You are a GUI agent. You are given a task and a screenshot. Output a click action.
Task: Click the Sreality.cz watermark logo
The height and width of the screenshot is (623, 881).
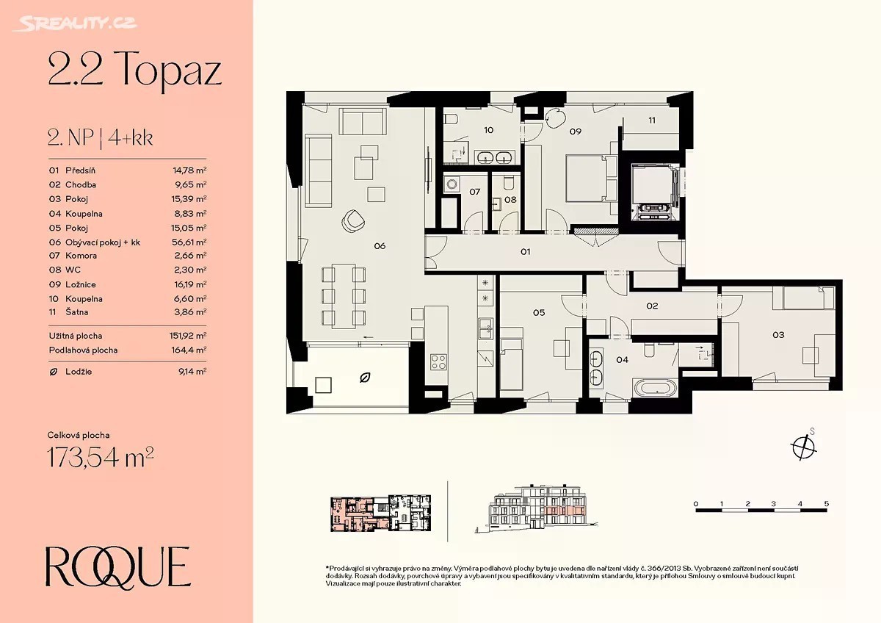(x=75, y=24)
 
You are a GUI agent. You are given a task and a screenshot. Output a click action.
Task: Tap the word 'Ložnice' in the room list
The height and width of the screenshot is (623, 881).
(x=81, y=284)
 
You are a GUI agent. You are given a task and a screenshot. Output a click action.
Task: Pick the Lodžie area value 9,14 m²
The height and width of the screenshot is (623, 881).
(x=192, y=372)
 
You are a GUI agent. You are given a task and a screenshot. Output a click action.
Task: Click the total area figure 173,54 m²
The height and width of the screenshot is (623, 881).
(x=101, y=457)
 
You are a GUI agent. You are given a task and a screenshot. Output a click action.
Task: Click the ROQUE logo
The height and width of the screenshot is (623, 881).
(x=118, y=567)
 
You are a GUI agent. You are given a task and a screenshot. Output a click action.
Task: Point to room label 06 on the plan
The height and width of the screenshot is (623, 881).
(x=380, y=246)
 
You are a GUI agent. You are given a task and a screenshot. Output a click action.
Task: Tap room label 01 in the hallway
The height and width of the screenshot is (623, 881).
(x=526, y=252)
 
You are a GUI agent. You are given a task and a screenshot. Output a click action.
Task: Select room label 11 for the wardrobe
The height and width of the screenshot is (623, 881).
(x=652, y=120)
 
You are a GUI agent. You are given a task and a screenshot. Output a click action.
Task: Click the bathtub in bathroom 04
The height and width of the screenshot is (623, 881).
(x=655, y=388)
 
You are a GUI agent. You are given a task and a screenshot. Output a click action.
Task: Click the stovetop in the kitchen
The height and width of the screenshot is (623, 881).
(x=438, y=362)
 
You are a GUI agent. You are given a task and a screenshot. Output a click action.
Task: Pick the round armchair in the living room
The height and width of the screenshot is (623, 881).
(x=353, y=221)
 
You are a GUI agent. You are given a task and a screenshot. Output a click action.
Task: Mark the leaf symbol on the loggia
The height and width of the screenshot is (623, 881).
(x=366, y=378)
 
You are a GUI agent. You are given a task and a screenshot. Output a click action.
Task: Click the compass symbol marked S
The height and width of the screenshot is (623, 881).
(x=802, y=447)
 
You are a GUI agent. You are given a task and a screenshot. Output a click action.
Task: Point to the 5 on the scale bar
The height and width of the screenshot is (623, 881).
(x=827, y=504)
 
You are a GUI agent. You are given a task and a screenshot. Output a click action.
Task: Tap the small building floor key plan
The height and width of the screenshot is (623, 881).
(x=381, y=514)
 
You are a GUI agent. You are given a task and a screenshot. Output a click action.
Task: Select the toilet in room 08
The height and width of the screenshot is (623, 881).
(x=509, y=183)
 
